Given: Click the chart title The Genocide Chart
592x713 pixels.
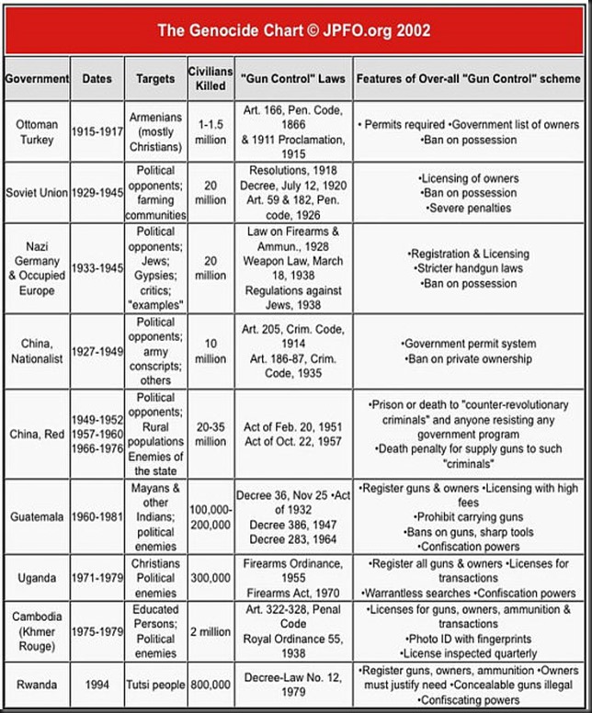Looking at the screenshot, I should click(x=293, y=30).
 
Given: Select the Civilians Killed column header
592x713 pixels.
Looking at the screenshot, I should click(x=210, y=78).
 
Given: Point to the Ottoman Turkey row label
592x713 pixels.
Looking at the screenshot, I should click(x=37, y=132).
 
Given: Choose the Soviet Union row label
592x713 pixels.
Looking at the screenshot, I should click(x=37, y=193).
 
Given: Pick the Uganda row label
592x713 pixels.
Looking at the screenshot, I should click(x=37, y=578).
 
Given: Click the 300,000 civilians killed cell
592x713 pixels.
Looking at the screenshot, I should click(x=210, y=578).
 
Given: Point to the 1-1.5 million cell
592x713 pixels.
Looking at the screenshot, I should click(x=210, y=132).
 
